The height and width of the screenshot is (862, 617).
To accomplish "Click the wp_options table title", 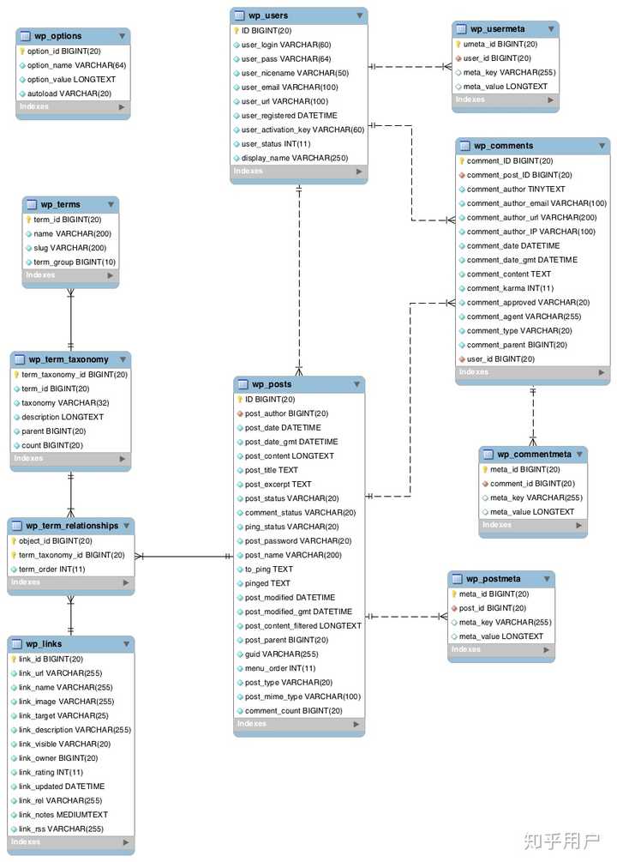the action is (x=57, y=36).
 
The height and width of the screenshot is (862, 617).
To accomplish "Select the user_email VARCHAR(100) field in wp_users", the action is (x=290, y=87).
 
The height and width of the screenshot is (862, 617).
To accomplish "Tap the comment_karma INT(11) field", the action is (x=510, y=288).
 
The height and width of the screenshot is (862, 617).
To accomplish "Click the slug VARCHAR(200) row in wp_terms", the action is (x=69, y=248).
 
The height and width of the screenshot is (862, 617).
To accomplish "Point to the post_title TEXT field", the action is (x=272, y=470).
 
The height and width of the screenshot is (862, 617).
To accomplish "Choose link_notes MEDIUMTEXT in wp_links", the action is (x=63, y=815).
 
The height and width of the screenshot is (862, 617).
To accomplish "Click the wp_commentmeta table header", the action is (x=534, y=455).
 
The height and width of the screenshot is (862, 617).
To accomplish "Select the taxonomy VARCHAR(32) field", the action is (x=65, y=403).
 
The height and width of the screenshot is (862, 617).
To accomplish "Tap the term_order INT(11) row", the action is (x=51, y=569).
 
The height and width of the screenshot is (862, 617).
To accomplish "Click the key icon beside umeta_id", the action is (x=458, y=44).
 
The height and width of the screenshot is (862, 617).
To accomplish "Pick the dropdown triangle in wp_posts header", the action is (x=356, y=384).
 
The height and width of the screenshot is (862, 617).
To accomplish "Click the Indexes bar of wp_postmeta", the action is (x=501, y=649).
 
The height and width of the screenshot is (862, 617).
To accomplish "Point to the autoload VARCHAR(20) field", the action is (x=69, y=93).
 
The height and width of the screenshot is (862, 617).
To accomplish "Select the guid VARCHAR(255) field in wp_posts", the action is (x=281, y=654).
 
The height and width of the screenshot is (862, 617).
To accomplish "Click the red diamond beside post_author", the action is (x=240, y=413).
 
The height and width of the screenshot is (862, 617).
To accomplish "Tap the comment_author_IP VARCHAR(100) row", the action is (x=530, y=232).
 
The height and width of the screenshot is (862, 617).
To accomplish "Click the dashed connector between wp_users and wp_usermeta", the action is (x=410, y=67).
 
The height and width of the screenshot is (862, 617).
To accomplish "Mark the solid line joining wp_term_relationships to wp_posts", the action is (x=184, y=557).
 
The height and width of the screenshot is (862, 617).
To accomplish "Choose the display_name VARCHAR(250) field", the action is (x=295, y=158).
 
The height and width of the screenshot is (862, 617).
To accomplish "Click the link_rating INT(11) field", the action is (x=51, y=773).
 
